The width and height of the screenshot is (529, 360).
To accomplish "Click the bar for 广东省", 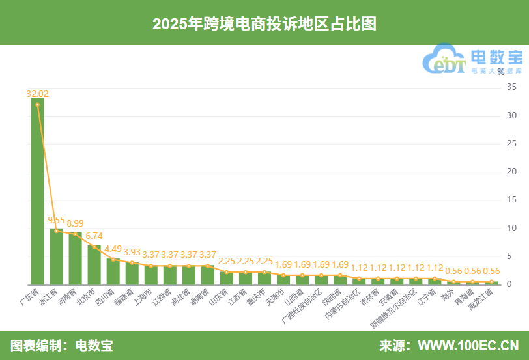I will coord(37,195).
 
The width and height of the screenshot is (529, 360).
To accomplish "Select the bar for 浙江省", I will coord(57,257).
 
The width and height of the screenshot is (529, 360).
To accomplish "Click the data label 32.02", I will coord(37,94).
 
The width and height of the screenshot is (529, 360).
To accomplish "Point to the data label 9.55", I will coord(57,220).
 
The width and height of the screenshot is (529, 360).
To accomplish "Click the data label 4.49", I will coord(113,249).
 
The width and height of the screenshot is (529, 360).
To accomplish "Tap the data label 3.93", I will coord(132,252).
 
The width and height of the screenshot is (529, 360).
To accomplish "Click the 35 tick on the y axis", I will coord(513,86).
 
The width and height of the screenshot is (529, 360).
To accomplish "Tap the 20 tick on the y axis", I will coord(513,171).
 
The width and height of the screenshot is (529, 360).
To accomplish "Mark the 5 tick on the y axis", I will coord(513,256).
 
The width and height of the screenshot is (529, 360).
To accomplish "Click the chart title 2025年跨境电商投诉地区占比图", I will coord(264,23).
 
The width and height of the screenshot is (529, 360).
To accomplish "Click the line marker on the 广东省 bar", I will coord(37,104).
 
